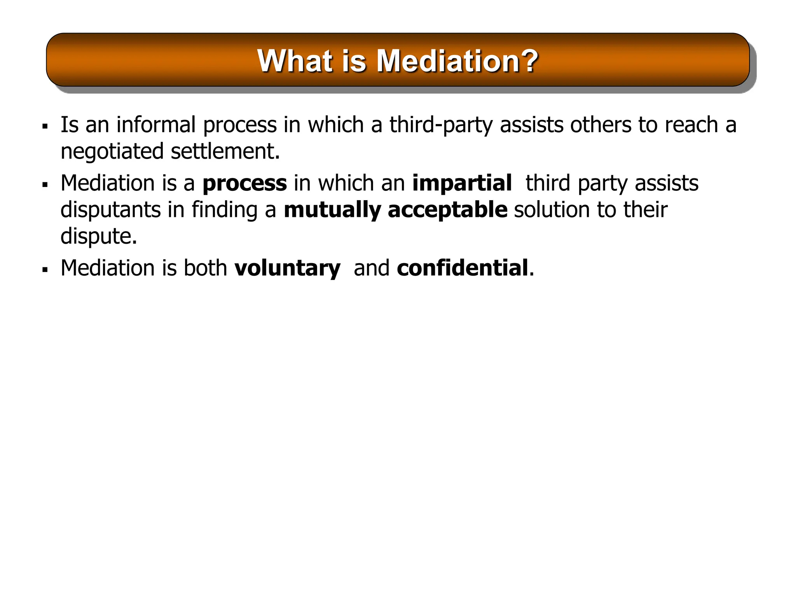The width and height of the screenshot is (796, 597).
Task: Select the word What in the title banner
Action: [x=295, y=61]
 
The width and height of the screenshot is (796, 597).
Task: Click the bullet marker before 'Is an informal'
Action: [x=45, y=126]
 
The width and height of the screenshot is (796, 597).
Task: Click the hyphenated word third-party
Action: [x=441, y=126]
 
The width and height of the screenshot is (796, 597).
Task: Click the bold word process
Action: [x=244, y=184]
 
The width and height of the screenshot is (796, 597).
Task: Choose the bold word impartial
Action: [x=462, y=183]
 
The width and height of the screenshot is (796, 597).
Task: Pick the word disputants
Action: [x=110, y=210]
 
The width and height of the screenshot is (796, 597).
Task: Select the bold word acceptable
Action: [x=447, y=210]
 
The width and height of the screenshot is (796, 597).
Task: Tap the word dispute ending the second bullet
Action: [x=98, y=236]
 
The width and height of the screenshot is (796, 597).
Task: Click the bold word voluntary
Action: [x=287, y=269]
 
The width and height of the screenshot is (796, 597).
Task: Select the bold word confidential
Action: [x=463, y=268]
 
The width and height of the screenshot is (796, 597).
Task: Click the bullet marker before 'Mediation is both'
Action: [x=45, y=269]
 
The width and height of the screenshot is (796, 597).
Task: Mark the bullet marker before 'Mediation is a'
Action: [x=45, y=184]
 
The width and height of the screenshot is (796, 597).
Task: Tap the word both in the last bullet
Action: [x=205, y=268]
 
